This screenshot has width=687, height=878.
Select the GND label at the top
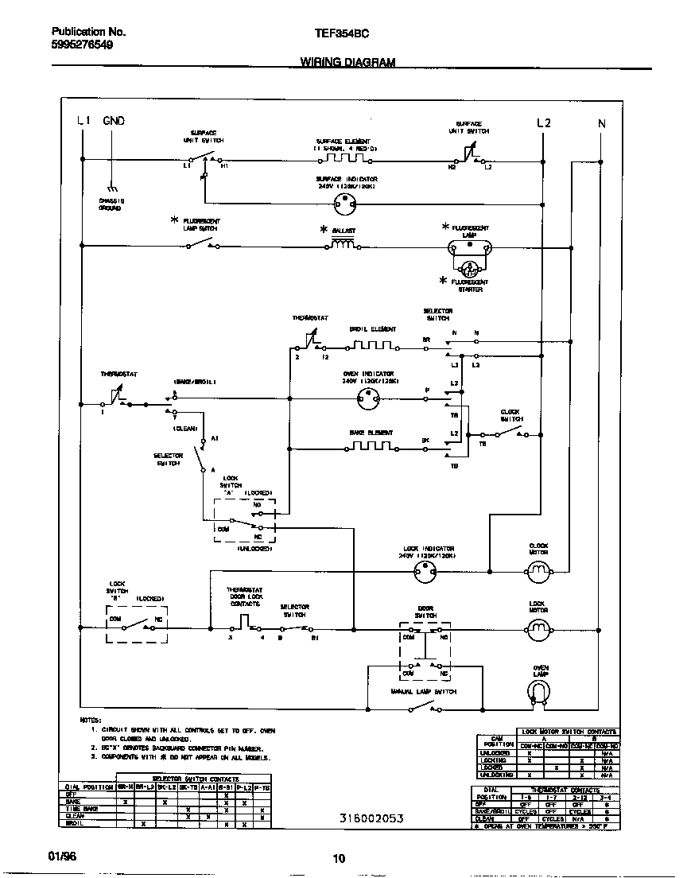click(x=113, y=122)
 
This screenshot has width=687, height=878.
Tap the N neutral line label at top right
click(x=601, y=123)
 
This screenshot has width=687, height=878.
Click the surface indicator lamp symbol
click(x=344, y=203)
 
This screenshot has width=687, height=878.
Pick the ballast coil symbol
click(x=342, y=245)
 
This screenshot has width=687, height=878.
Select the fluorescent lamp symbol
click(x=470, y=249)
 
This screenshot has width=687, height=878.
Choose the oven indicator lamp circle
click(x=368, y=402)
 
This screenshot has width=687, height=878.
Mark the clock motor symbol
click(x=539, y=570)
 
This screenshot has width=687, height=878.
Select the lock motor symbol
click(x=538, y=630)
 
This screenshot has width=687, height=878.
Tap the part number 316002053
click(x=371, y=818)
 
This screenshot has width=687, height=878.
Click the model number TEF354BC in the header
click(x=342, y=33)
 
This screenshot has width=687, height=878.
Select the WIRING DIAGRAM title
click(x=347, y=62)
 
